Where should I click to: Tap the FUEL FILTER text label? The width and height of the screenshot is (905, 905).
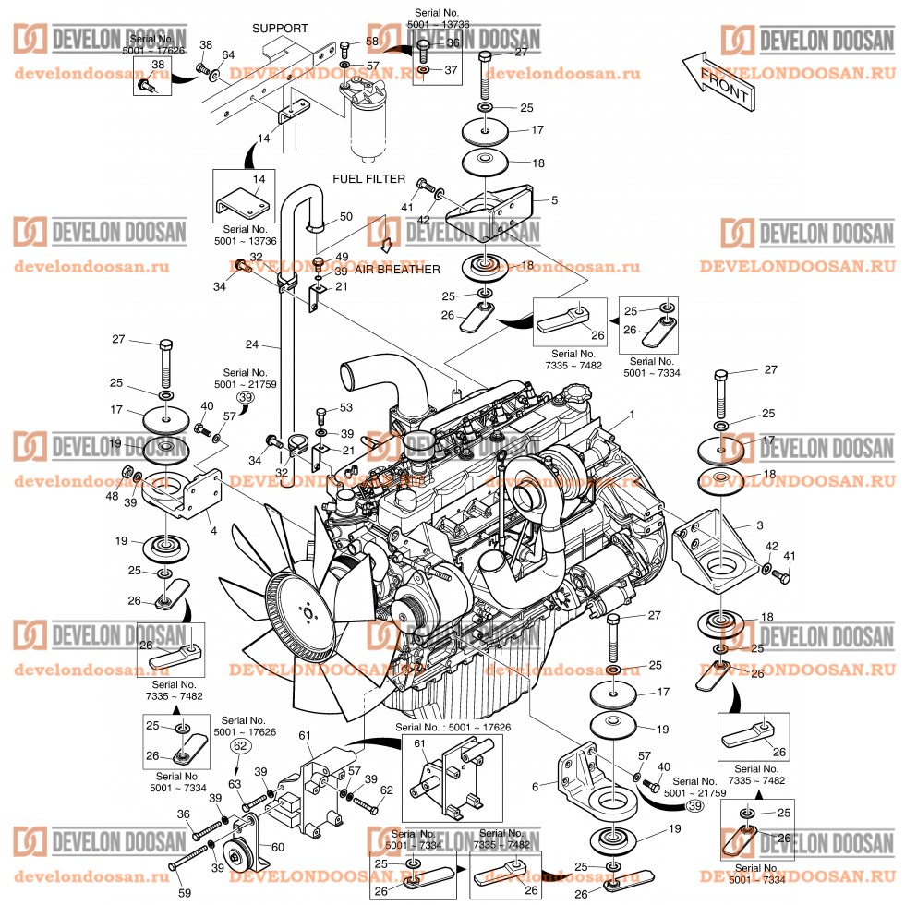tap(369, 178)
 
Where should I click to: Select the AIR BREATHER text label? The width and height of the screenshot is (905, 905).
tap(396, 269)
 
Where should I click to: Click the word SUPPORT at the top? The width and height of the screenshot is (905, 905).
tap(280, 29)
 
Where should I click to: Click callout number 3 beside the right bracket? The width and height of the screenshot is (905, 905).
tap(759, 525)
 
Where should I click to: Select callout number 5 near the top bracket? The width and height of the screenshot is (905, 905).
tap(554, 199)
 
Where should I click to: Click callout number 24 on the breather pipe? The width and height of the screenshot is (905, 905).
tap(251, 345)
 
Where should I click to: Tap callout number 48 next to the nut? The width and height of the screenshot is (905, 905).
tap(113, 496)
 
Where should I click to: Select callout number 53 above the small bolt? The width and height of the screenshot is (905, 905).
tap(346, 407)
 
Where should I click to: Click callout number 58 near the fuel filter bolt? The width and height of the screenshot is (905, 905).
tap(372, 42)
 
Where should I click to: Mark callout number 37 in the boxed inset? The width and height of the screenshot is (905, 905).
tap(452, 70)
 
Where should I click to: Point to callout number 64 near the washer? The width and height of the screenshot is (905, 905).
tap(228, 56)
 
